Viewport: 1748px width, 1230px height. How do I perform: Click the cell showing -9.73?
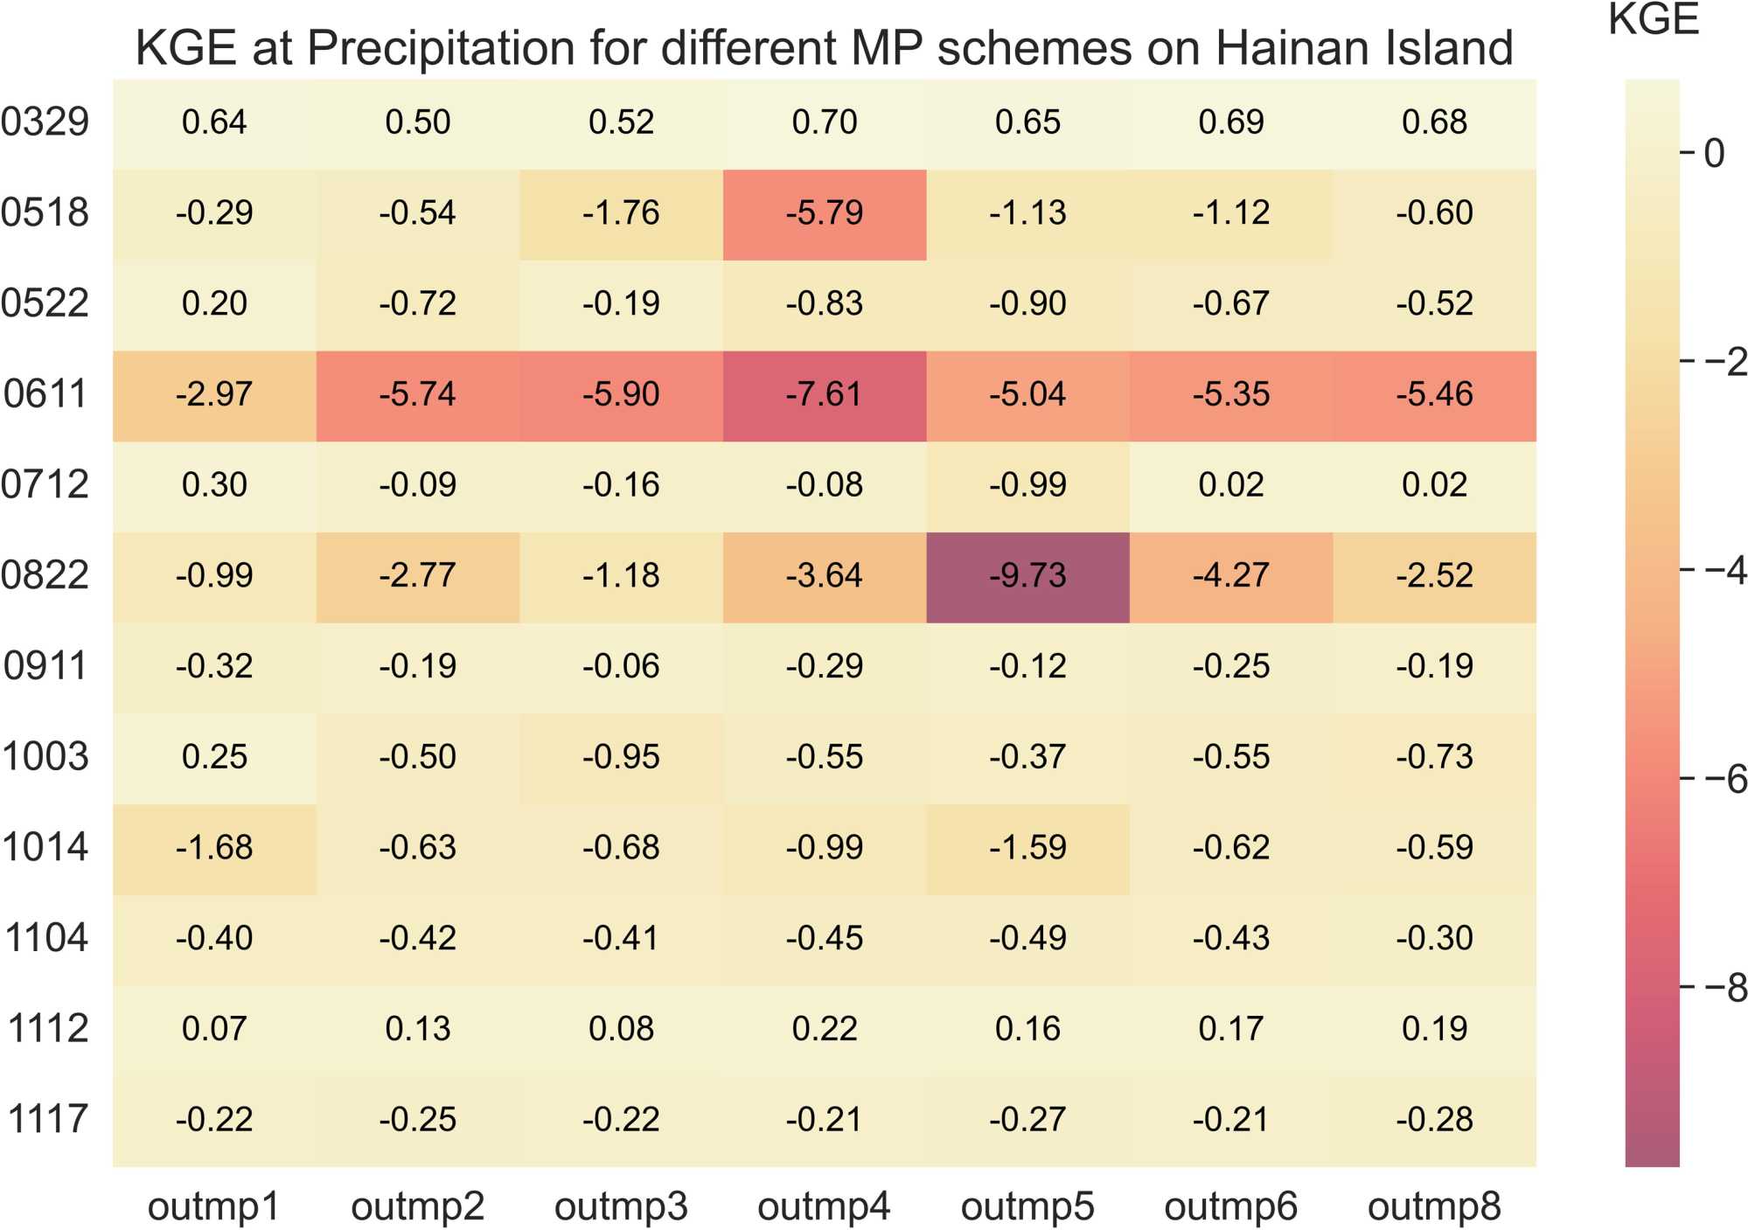pyautogui.click(x=1027, y=576)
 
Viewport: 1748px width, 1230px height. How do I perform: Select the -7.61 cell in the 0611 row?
pyautogui.click(x=824, y=394)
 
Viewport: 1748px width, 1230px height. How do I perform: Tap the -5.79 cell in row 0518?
pyautogui.click(x=824, y=213)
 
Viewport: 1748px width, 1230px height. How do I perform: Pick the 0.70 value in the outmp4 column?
pyautogui.click(x=824, y=122)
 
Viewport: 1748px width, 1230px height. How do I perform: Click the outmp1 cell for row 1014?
pyautogui.click(x=214, y=848)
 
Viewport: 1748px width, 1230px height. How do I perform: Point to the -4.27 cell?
pyautogui.click(x=1230, y=576)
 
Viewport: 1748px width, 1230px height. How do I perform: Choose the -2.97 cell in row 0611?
pyautogui.click(x=214, y=394)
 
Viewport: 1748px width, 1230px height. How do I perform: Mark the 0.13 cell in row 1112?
pyautogui.click(x=418, y=1029)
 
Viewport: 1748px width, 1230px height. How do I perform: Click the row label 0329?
pyautogui.click(x=45, y=122)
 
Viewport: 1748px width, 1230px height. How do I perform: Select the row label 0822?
pyautogui.click(x=45, y=576)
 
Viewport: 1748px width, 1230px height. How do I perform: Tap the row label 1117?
pyautogui.click(x=48, y=1120)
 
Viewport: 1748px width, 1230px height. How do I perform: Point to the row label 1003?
pyautogui.click(x=45, y=757)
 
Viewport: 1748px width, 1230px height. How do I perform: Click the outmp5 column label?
pyautogui.click(x=1027, y=1207)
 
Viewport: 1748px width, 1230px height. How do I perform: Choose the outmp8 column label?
pyautogui.click(x=1434, y=1207)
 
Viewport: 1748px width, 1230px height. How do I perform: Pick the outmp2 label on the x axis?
pyautogui.click(x=418, y=1207)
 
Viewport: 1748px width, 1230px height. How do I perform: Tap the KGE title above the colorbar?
pyautogui.click(x=1654, y=19)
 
